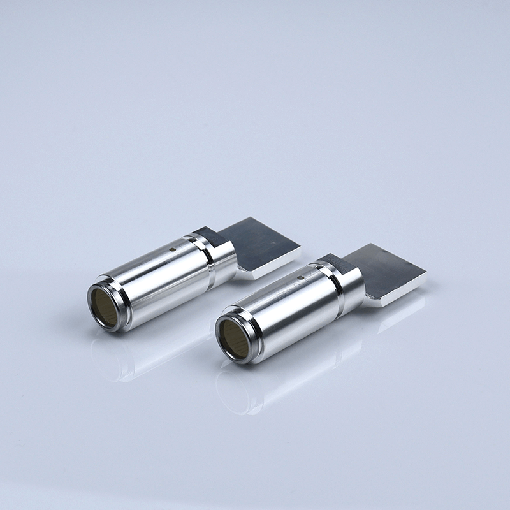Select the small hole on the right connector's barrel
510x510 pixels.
[x=302, y=278]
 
